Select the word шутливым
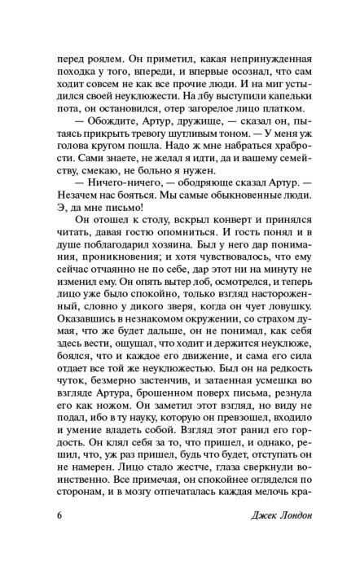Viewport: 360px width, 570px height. [181, 148]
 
